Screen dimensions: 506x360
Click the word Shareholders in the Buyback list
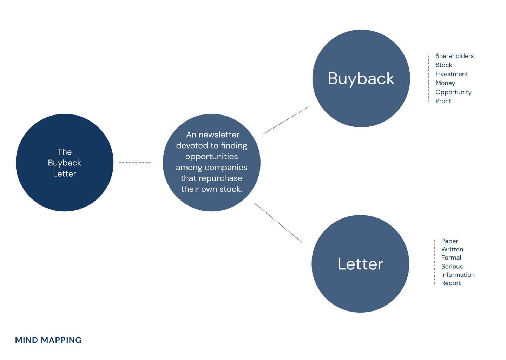pos(454,56)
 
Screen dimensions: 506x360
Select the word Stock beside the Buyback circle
pos(443,65)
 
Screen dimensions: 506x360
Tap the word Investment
pos(452,74)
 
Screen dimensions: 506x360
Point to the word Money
pos(445,83)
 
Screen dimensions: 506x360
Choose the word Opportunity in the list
pos(453,92)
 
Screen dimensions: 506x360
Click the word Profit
pos(443,101)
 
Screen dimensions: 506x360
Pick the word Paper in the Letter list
pos(449,241)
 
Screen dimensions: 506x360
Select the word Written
pos(452,249)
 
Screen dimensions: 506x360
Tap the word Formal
pos(451,258)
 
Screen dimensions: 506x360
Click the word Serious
pos(452,267)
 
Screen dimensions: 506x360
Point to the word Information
pos(458,275)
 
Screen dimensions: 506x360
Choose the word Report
pos(451,283)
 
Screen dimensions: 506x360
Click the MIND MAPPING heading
pos(48,340)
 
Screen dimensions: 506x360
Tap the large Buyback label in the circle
pos(361,79)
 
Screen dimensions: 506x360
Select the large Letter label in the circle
pos(360,264)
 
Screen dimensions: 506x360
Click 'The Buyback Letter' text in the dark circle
pos(65,163)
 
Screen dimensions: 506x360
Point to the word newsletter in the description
pos(219,135)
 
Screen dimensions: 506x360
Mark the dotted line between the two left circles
pos(135,163)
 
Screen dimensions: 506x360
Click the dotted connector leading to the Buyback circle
pos(286,120)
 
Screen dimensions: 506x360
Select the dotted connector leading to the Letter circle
pos(278,223)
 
